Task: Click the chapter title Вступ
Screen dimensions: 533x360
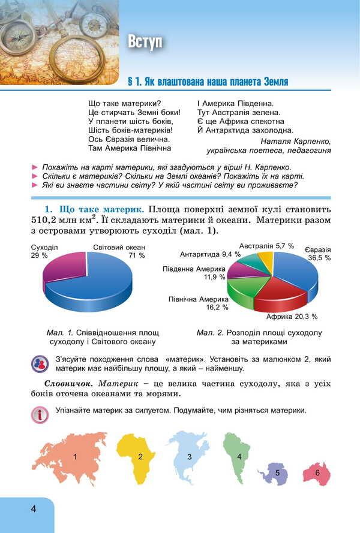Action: (145, 41)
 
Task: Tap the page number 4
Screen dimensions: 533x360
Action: (34, 509)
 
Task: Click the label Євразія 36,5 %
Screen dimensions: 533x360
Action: (319, 253)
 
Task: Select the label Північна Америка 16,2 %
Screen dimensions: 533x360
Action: (198, 303)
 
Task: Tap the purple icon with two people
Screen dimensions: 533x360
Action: (40, 363)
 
